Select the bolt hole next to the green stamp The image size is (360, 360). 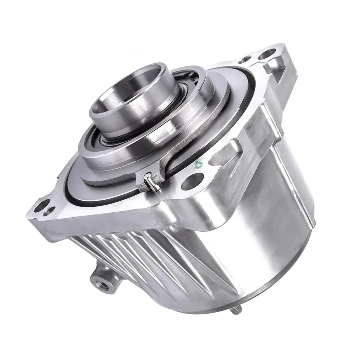pyautogui.click(x=192, y=181)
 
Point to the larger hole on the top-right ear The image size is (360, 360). pyautogui.click(x=267, y=54)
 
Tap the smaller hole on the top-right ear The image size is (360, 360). pyautogui.click(x=246, y=60)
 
